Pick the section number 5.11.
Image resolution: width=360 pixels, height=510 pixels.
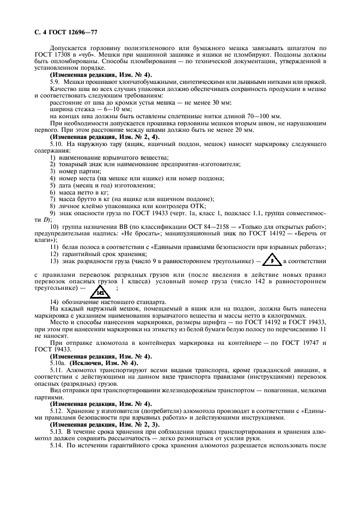point(57,370)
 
